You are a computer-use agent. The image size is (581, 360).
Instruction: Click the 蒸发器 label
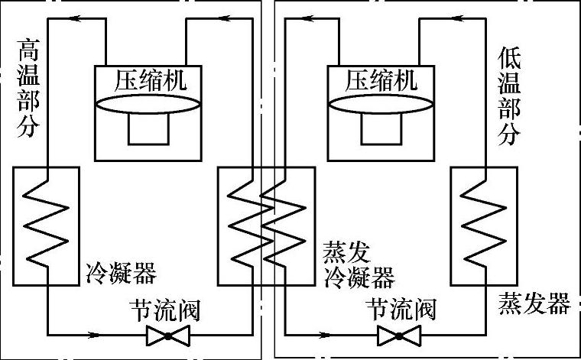(534, 303)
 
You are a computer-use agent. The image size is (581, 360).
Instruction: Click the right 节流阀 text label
(401, 309)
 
